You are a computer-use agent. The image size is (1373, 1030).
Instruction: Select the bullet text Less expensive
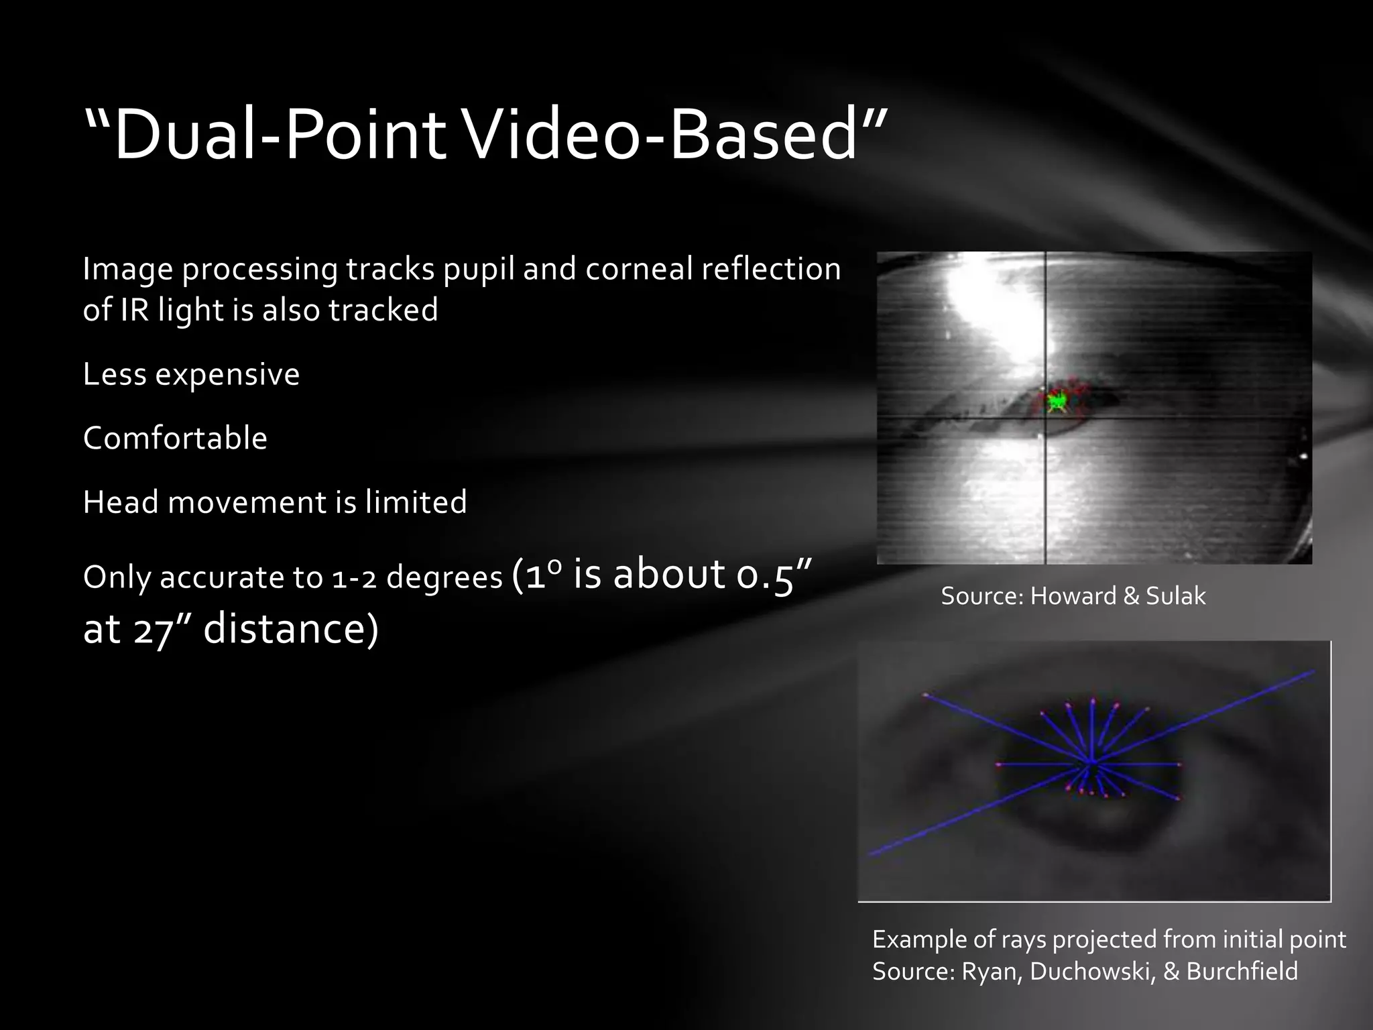point(191,374)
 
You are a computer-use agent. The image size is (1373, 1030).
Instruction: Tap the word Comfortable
point(175,439)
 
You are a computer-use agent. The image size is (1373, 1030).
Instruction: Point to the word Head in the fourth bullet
point(120,502)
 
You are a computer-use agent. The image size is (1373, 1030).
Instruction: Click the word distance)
point(291,630)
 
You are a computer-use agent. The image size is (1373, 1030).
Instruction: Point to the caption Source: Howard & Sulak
point(1073,595)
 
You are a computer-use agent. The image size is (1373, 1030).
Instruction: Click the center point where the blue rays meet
point(1091,763)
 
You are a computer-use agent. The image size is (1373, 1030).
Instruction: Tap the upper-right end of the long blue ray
point(1312,671)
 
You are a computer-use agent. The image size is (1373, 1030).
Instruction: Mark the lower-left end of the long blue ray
point(871,855)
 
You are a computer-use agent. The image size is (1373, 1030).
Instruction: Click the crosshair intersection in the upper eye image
point(1046,418)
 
